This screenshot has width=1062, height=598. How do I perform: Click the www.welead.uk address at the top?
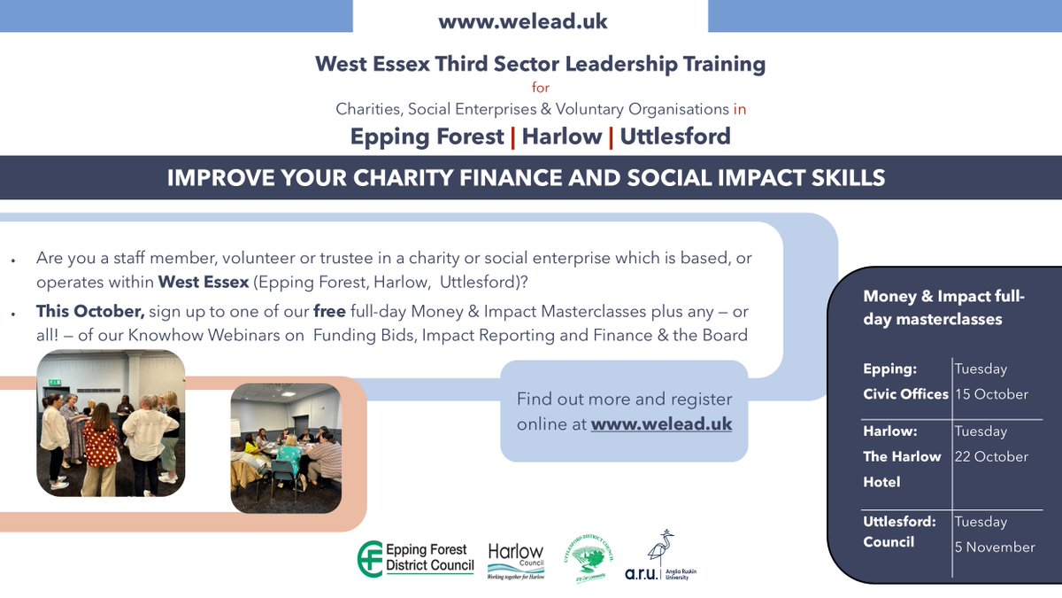(523, 21)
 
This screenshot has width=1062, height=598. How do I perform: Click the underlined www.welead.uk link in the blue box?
(661, 424)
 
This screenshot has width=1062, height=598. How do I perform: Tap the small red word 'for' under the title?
(540, 88)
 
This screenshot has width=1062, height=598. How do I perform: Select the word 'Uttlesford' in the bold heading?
(675, 136)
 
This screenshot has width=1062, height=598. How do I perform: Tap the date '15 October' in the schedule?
(991, 394)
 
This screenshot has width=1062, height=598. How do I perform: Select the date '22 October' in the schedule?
(991, 456)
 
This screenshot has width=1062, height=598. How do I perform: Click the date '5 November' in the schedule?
(994, 547)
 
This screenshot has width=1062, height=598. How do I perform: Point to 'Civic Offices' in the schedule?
(905, 394)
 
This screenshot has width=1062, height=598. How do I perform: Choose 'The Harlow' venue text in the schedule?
(902, 456)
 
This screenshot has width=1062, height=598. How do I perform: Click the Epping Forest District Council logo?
(415, 559)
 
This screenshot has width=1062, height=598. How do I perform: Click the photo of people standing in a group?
(111, 422)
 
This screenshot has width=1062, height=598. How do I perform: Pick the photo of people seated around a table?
(285, 447)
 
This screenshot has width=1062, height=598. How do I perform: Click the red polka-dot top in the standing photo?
(101, 440)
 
